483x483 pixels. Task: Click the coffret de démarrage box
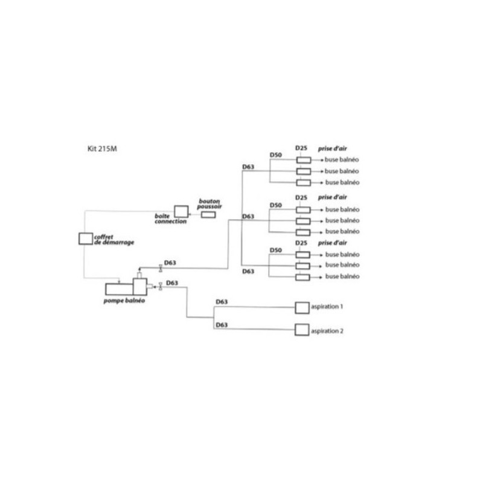point(86,238)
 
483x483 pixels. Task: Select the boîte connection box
point(181,211)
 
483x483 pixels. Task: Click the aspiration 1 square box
point(301,308)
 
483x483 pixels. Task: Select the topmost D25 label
point(301,148)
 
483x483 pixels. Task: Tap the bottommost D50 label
point(276,249)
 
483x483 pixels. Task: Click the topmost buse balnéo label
point(342,160)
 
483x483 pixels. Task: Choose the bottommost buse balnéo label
point(342,276)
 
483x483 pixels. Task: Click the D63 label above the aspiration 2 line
point(222,325)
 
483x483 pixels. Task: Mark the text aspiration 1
point(328,307)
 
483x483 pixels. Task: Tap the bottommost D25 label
point(301,243)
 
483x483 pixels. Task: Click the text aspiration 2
point(328,330)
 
